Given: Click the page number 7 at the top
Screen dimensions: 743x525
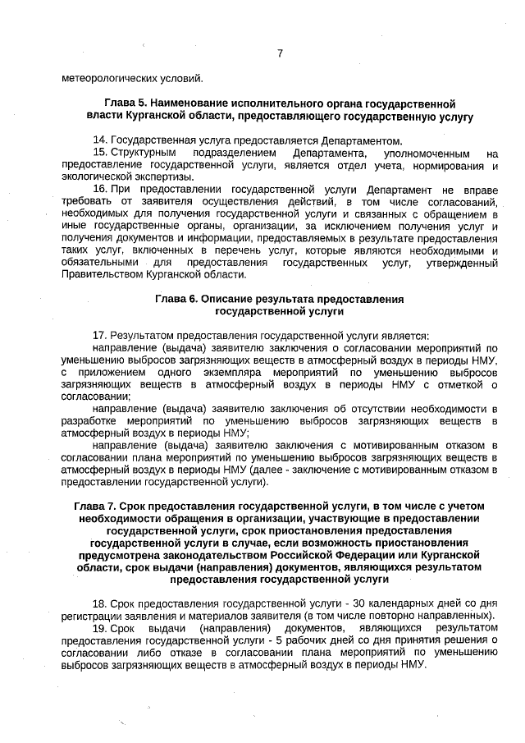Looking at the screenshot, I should point(279,54).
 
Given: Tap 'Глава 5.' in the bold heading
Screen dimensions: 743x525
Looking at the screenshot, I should point(119,104).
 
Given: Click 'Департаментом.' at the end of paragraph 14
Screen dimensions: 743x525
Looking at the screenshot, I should point(361,140).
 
